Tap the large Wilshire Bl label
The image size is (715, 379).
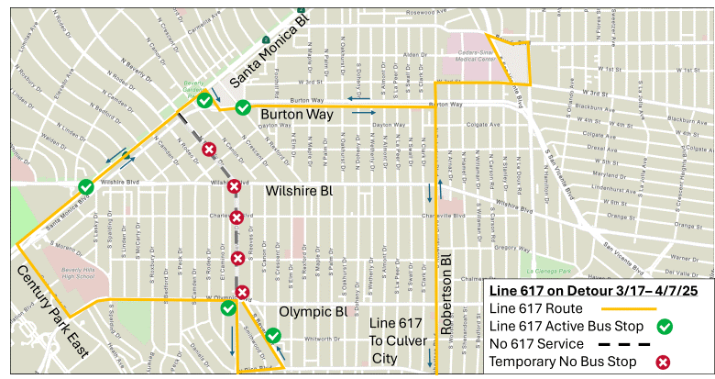[x=298, y=192]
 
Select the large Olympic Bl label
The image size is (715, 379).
[x=312, y=312]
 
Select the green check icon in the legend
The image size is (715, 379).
[x=665, y=326]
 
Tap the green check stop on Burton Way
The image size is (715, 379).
[x=242, y=108]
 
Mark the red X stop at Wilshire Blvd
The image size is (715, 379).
[x=234, y=186]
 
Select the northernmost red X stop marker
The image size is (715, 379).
[x=209, y=149]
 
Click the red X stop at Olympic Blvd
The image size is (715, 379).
[x=242, y=293]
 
